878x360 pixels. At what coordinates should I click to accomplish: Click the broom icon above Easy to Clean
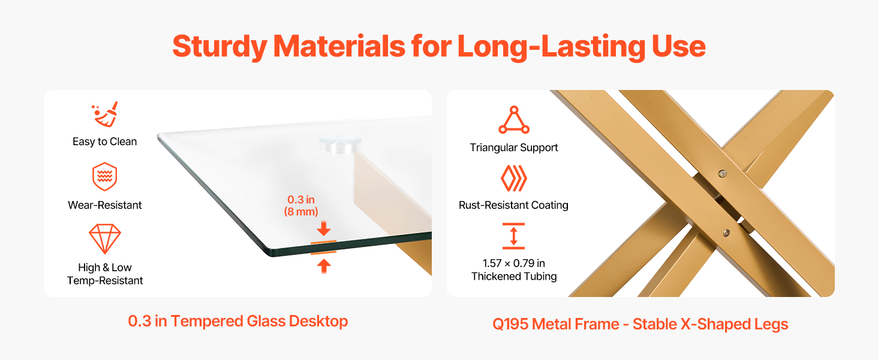tap(105, 114)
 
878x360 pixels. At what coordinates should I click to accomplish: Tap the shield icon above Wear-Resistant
tap(105, 176)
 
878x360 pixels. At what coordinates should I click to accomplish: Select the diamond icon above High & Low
tap(105, 239)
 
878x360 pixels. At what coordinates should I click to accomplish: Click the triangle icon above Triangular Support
tap(514, 120)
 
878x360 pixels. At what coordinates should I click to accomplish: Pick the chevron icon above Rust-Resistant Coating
tap(514, 178)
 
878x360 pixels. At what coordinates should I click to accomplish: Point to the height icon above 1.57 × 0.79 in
tap(513, 236)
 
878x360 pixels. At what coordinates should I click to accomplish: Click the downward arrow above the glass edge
tap(324, 229)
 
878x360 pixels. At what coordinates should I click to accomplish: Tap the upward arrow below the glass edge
tap(324, 266)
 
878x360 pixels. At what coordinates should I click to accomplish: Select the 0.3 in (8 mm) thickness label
tap(301, 205)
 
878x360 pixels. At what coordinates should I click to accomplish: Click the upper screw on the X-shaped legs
tap(722, 173)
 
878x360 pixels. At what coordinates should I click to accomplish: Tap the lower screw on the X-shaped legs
tap(726, 233)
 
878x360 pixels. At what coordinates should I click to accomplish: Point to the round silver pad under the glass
tap(340, 144)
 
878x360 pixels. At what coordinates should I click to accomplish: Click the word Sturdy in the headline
tap(220, 47)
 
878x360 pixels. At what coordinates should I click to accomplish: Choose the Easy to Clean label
tap(105, 142)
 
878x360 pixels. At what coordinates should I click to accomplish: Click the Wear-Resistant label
tap(105, 205)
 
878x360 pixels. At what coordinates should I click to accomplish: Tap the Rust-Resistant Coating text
tap(513, 205)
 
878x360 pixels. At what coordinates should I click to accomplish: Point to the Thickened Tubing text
tap(514, 277)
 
